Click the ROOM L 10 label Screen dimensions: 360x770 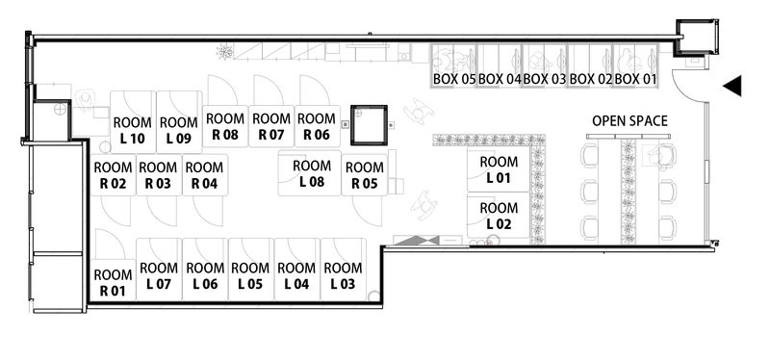[x=133, y=130]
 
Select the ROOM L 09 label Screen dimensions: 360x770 [x=178, y=130]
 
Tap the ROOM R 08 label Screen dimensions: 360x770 [x=224, y=126]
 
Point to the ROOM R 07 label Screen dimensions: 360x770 [x=270, y=126]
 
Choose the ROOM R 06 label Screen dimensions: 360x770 [x=316, y=126]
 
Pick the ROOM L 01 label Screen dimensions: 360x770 [x=499, y=168]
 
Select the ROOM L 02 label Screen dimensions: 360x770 [x=499, y=215]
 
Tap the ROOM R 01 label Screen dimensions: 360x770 [x=113, y=282]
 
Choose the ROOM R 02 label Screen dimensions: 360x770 [x=113, y=175]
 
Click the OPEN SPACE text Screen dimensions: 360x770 [x=629, y=120]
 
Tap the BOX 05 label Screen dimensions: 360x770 [x=453, y=78]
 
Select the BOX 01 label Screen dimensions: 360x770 [x=635, y=78]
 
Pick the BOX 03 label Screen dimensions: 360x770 [x=545, y=78]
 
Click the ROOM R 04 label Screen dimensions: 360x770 [x=203, y=175]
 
